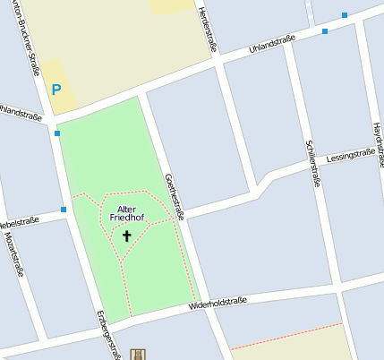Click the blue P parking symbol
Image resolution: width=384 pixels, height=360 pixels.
pos(55,90)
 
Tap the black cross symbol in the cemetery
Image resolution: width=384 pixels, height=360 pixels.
pos(126,236)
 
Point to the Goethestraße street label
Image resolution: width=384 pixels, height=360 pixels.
pos(174,196)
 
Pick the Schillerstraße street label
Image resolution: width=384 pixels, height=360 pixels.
pos(311,162)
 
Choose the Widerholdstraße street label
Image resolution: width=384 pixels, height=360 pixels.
pos(218,305)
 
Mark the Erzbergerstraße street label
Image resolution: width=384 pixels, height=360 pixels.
pos(107,337)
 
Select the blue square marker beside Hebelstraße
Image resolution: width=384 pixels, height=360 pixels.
pos(64,210)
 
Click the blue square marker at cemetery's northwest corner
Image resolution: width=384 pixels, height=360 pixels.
pos(57,133)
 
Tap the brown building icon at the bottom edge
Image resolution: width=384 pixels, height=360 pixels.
pos(137,355)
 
